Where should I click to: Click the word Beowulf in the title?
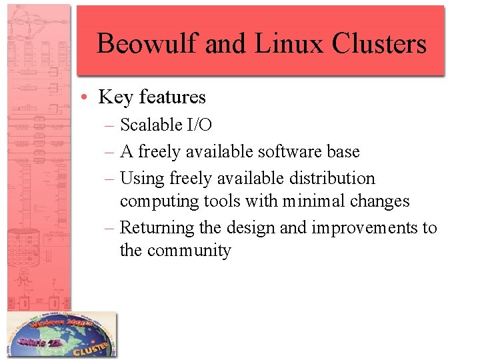147,44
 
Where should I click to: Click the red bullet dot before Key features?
89,98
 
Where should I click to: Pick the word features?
171,97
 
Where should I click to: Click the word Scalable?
151,125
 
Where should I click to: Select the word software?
291,152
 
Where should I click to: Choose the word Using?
142,179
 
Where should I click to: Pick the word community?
189,251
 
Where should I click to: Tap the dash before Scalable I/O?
110,125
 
